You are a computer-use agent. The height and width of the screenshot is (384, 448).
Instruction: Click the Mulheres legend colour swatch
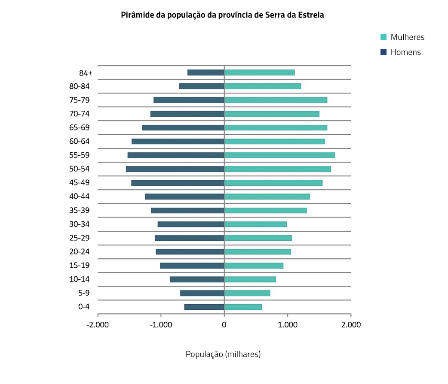pyautogui.click(x=384, y=37)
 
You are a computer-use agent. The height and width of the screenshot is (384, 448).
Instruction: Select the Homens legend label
pyautogui.click(x=405, y=52)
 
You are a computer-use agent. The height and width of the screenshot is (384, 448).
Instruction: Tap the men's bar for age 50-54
pyautogui.click(x=175, y=169)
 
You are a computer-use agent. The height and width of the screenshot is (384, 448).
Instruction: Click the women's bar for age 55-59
pyautogui.click(x=279, y=155)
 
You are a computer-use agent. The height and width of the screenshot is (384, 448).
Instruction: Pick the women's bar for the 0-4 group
pyautogui.click(x=243, y=307)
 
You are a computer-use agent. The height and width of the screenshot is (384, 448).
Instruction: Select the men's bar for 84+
pyautogui.click(x=206, y=73)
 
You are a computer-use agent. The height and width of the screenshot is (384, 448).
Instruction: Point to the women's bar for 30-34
pyautogui.click(x=255, y=224)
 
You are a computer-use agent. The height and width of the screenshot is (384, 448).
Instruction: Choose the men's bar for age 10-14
pyautogui.click(x=197, y=279)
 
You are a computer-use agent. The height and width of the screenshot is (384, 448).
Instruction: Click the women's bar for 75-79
pyautogui.click(x=276, y=100)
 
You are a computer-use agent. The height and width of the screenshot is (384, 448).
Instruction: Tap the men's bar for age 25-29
pyautogui.click(x=190, y=238)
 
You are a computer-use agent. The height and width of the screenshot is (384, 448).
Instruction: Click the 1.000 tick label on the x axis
pyautogui.click(x=288, y=325)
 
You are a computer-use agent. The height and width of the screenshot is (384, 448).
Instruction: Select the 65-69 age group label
pyautogui.click(x=79, y=127)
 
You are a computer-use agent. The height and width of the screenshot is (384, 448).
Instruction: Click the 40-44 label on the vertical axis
pyautogui.click(x=79, y=197)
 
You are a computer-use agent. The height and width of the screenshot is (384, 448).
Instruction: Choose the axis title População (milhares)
pyautogui.click(x=223, y=354)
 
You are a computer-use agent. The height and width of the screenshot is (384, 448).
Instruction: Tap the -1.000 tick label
pyautogui.click(x=161, y=325)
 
